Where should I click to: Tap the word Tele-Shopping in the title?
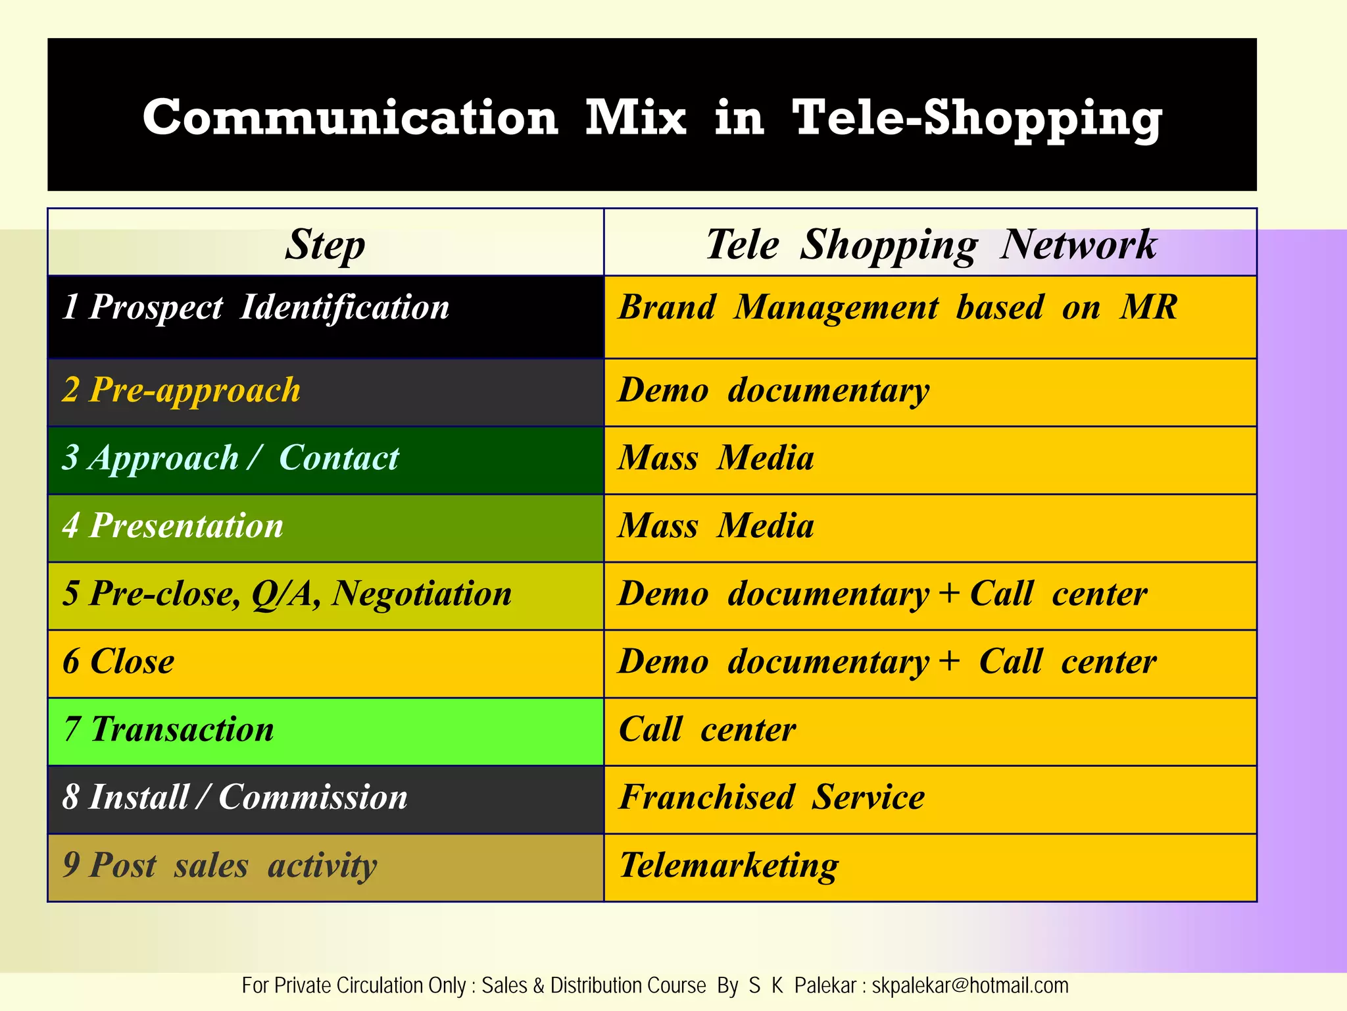[977, 118]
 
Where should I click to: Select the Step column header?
[325, 244]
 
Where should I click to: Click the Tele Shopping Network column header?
[930, 244]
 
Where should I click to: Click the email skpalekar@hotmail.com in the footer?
[969, 985]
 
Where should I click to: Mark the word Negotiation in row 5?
[422, 594]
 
